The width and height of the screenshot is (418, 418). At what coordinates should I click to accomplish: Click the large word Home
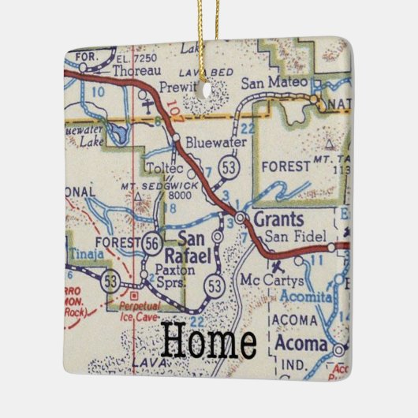click(x=209, y=341)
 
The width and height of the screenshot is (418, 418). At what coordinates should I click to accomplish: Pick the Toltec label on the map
click(x=163, y=166)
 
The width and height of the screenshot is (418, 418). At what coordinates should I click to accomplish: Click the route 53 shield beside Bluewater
click(x=230, y=167)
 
